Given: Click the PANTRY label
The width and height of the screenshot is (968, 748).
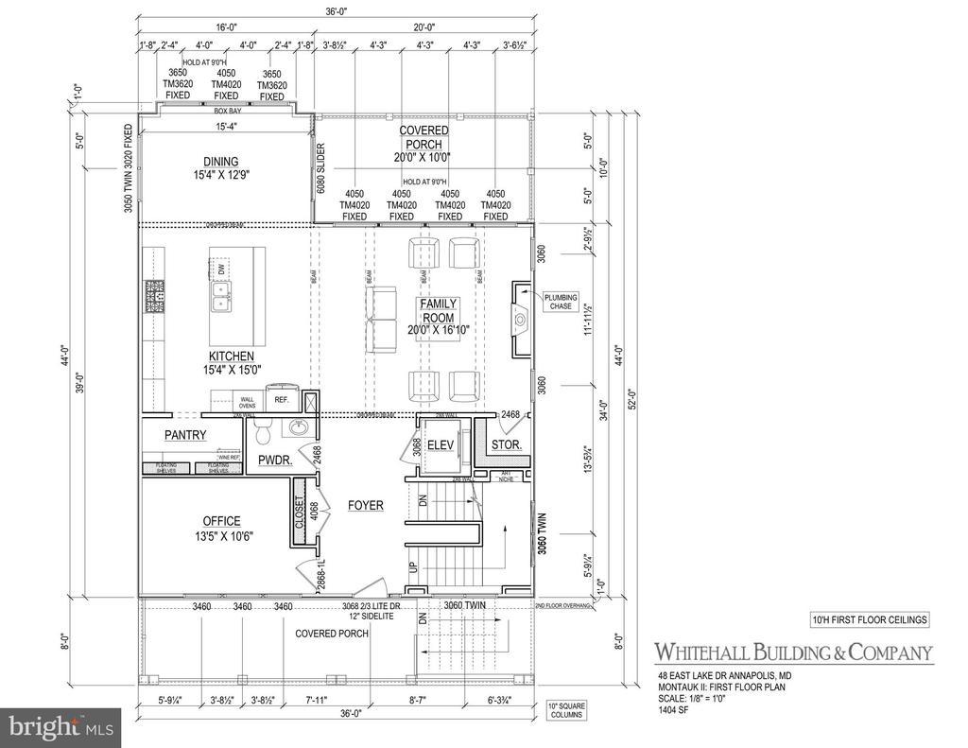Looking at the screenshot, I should [x=185, y=435].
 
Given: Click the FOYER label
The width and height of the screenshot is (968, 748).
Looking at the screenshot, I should [x=365, y=505].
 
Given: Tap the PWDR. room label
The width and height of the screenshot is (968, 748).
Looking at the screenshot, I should [x=274, y=461].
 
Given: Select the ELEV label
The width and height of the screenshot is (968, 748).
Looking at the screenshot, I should [x=440, y=445].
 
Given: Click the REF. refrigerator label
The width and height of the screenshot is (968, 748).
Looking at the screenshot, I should [x=281, y=400].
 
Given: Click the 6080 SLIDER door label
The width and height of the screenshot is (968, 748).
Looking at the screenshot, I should [x=320, y=166].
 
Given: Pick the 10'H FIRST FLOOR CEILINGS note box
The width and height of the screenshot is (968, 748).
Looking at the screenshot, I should [x=870, y=620].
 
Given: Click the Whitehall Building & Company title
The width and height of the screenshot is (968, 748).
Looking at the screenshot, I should [x=794, y=652].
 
